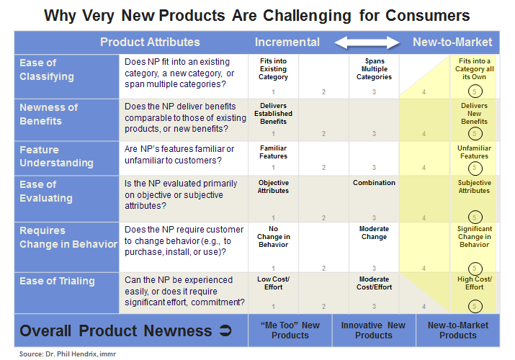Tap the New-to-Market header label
point(452,42)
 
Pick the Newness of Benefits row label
point(49,114)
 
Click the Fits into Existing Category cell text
point(273,69)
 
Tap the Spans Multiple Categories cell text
point(374,69)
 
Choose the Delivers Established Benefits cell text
point(273,113)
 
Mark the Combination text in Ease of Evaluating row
point(374,183)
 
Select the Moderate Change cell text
point(374,233)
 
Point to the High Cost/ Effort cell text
point(474,283)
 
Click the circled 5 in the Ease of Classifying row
point(474,91)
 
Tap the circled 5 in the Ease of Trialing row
point(474,306)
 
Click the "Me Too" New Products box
point(290,330)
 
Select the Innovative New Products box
point(374,330)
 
